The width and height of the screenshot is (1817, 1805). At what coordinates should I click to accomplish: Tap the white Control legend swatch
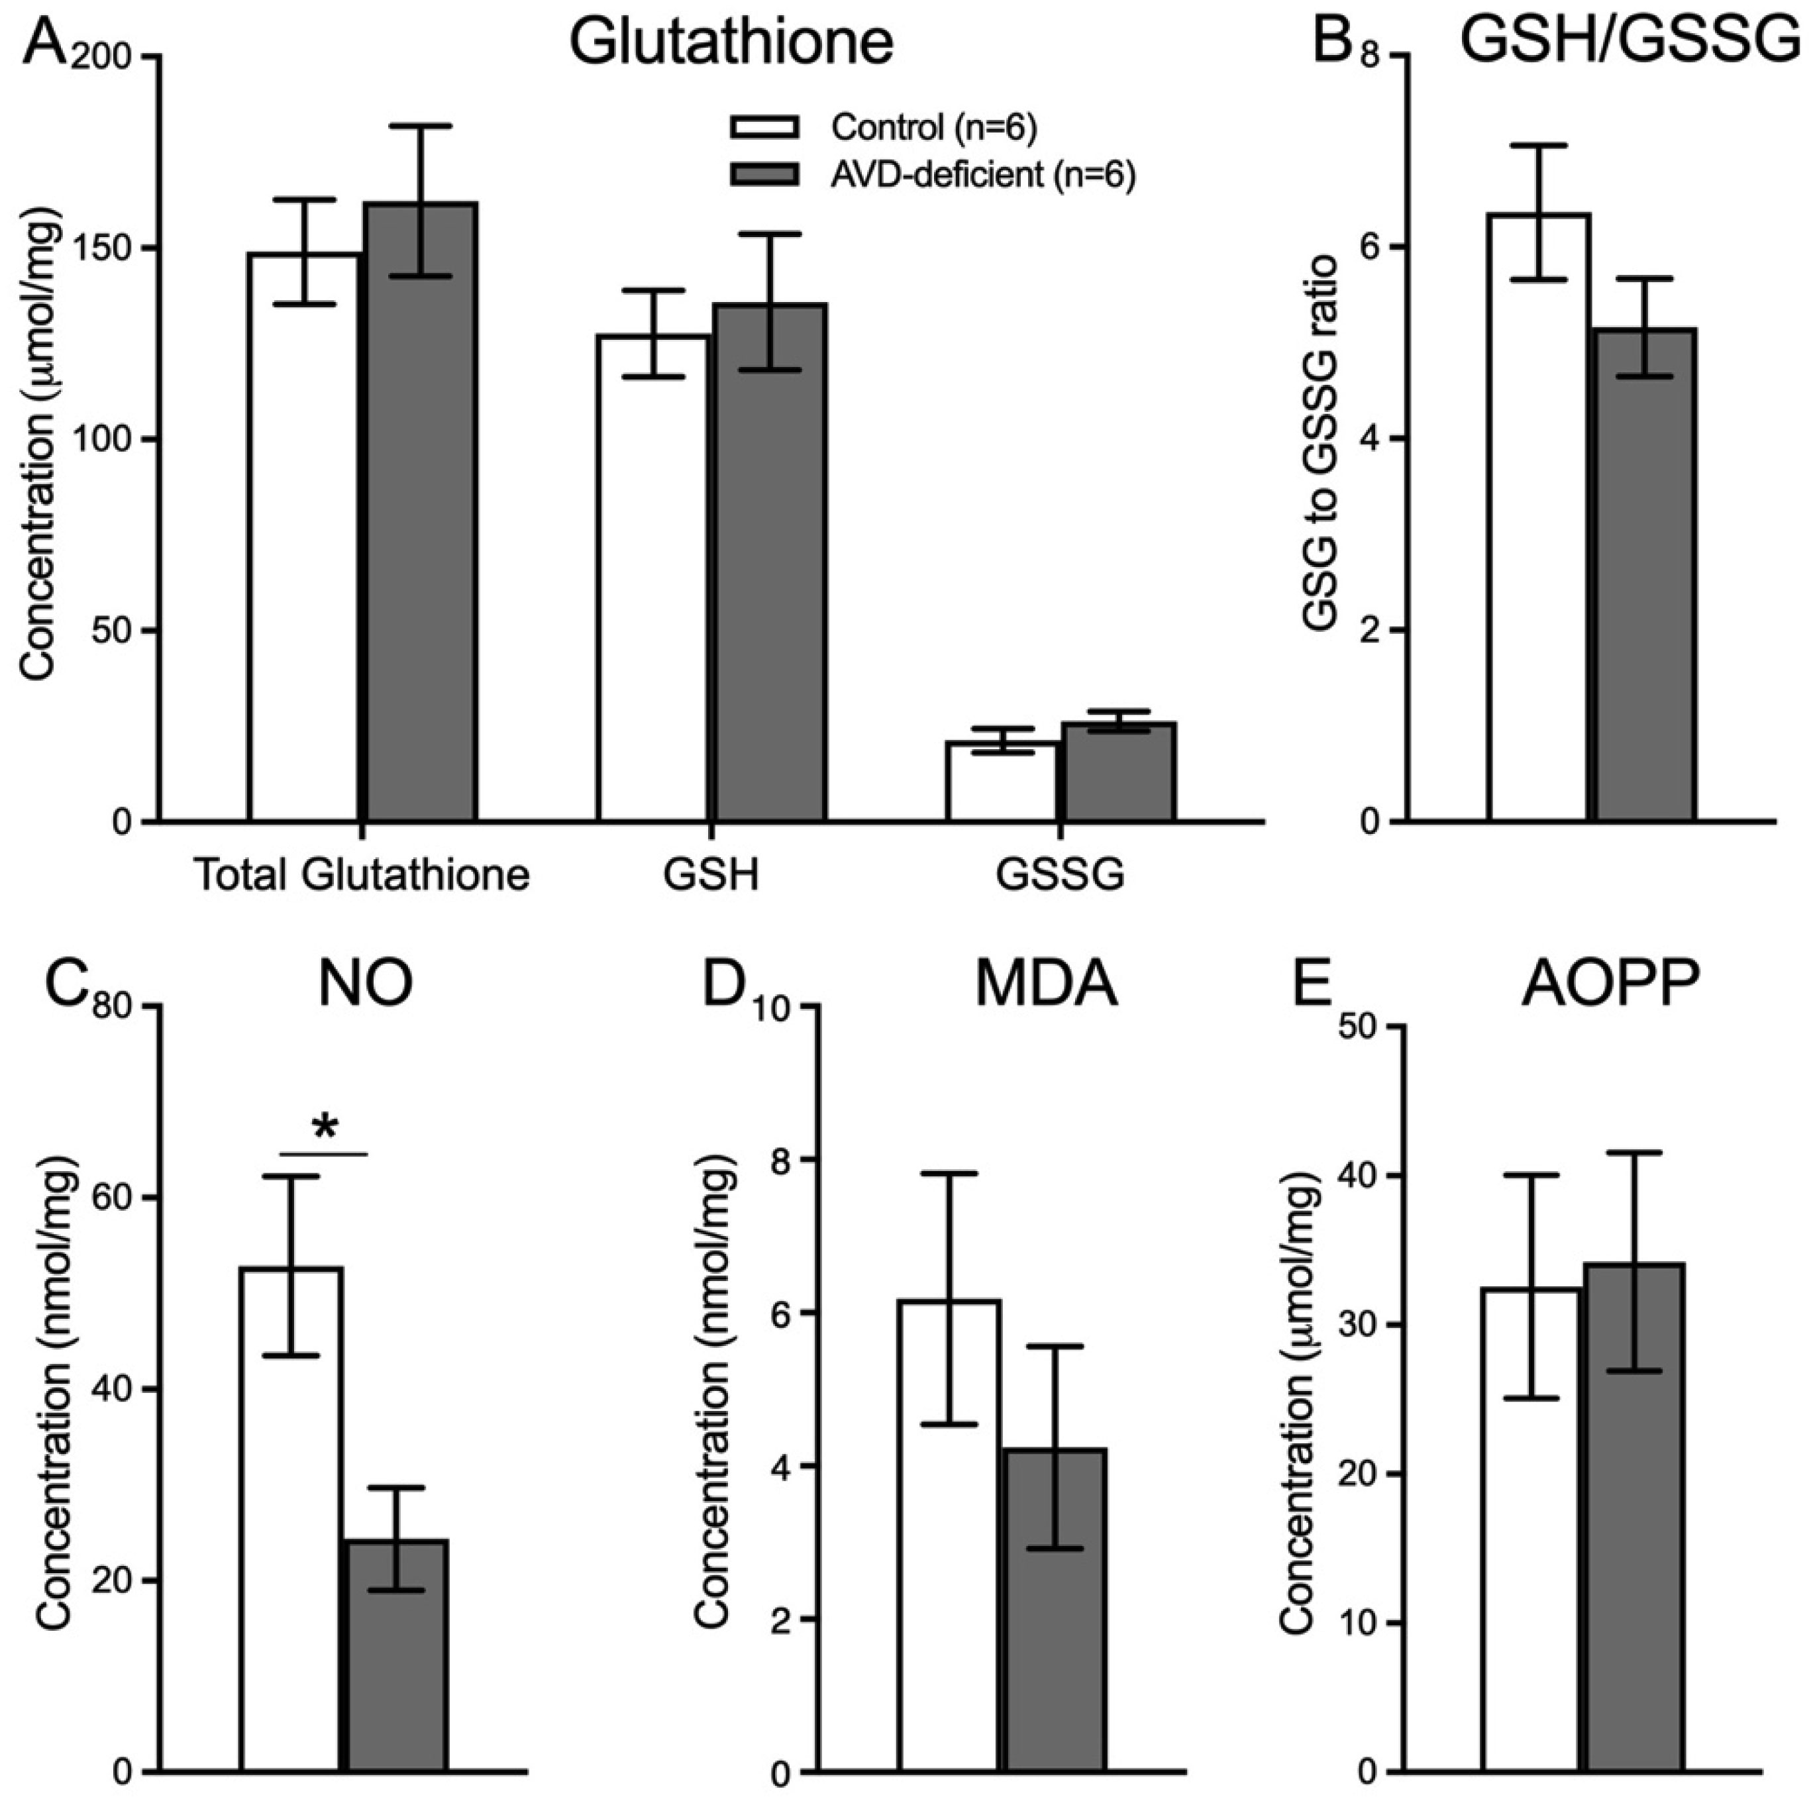tap(764, 127)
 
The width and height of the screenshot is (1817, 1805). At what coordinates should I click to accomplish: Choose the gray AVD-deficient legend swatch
tap(764, 174)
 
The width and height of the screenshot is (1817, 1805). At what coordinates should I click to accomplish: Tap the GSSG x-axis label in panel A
tap(1060, 876)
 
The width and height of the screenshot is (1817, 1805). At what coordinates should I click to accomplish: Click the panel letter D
tap(733, 984)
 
